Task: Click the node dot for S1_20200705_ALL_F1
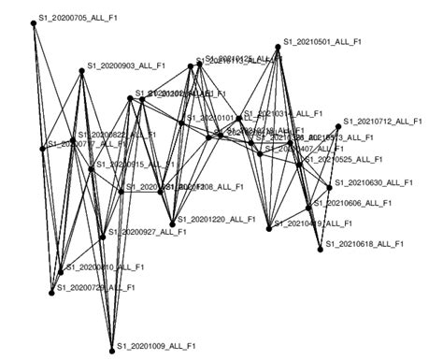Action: (34, 23)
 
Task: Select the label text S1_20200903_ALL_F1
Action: (126, 66)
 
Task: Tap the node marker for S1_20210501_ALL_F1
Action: (279, 46)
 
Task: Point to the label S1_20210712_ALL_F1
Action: (383, 122)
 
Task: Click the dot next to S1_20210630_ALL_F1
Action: (329, 187)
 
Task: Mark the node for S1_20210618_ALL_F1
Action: (320, 248)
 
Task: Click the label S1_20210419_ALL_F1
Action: (313, 224)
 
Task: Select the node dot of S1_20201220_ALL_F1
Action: (172, 223)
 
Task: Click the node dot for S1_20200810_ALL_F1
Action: (61, 271)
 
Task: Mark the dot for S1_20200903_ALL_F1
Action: (81, 69)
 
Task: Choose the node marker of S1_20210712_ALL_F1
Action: (339, 124)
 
